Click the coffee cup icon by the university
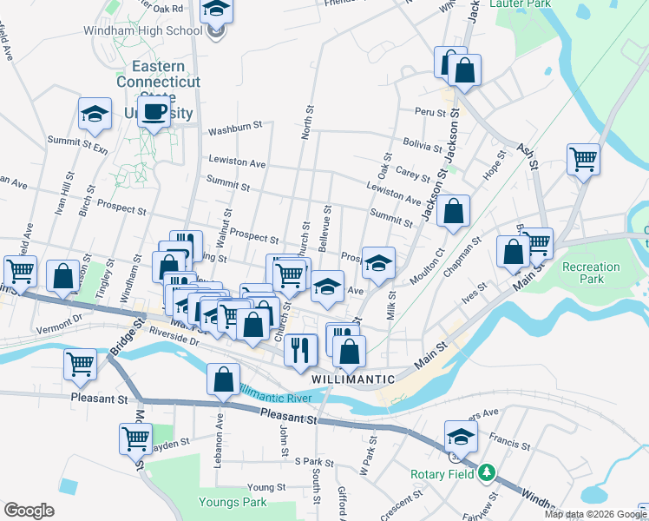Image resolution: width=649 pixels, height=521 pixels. tap(154, 113)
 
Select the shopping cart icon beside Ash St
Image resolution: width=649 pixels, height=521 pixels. tap(583, 159)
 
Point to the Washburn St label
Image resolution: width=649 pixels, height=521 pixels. tap(235, 130)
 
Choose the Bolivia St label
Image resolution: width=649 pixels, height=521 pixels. tap(423, 142)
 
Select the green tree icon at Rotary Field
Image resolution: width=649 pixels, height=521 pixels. tap(488, 473)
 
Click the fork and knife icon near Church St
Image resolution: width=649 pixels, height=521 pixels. tap(299, 349)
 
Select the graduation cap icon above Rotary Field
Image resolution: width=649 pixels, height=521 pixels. tap(461, 436)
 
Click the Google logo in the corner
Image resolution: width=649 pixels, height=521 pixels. tap(29, 510)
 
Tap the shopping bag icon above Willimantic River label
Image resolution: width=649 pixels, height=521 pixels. tap(223, 379)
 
